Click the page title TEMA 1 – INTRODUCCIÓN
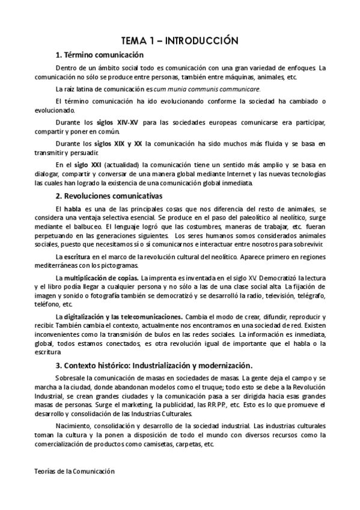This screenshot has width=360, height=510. (180, 41)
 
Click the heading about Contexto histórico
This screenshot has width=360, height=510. (154, 364)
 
